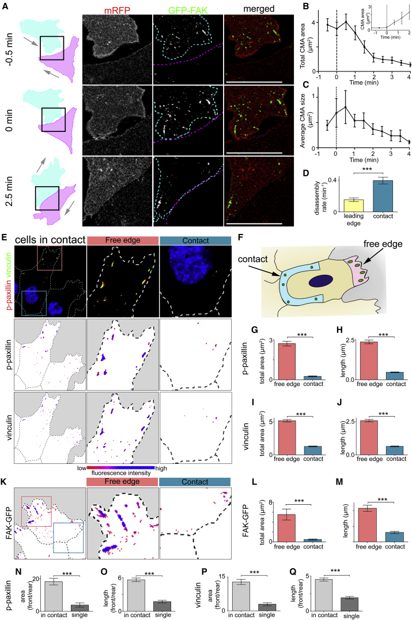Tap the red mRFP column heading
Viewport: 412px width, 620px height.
(x=116, y=9)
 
